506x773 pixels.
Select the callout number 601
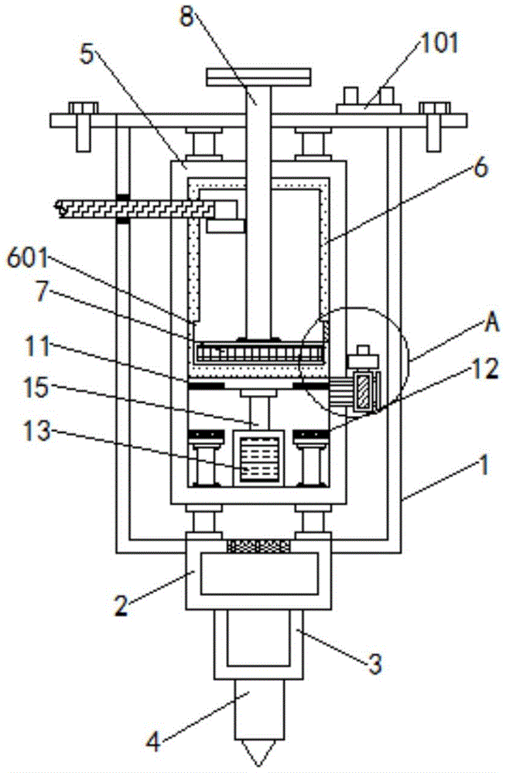coord(28,258)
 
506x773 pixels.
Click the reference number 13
coord(37,431)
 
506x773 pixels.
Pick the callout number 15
coord(36,387)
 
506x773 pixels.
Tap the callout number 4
coord(153,742)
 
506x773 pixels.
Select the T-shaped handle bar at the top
coord(259,77)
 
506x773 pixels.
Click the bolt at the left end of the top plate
coord(84,126)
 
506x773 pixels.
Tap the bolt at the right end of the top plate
coord(434,126)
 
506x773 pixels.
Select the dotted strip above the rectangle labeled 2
coord(258,546)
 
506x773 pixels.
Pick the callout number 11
coord(37,347)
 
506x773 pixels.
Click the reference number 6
coord(480,168)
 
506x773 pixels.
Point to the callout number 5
coord(87,55)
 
